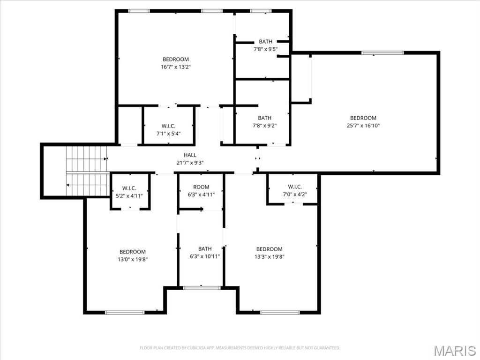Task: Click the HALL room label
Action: pyautogui.click(x=190, y=155)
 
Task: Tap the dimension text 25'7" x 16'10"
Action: pyautogui.click(x=363, y=126)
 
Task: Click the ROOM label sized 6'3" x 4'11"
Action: pyautogui.click(x=201, y=187)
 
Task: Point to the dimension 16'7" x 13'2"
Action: pyautogui.click(x=176, y=67)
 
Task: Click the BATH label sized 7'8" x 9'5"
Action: pyautogui.click(x=265, y=42)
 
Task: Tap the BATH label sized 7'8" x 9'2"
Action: pyautogui.click(x=264, y=118)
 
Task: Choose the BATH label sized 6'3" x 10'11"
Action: pyautogui.click(x=205, y=249)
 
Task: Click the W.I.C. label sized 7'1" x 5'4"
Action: pyautogui.click(x=168, y=126)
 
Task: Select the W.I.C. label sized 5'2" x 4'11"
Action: pyautogui.click(x=129, y=188)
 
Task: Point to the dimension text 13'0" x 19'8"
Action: pyautogui.click(x=133, y=259)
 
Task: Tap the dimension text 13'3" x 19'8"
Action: pyautogui.click(x=270, y=256)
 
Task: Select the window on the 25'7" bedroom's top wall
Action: pyautogui.click(x=382, y=53)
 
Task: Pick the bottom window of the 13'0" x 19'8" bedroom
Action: pyautogui.click(x=125, y=312)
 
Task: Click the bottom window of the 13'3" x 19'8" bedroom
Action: pyautogui.click(x=280, y=312)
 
